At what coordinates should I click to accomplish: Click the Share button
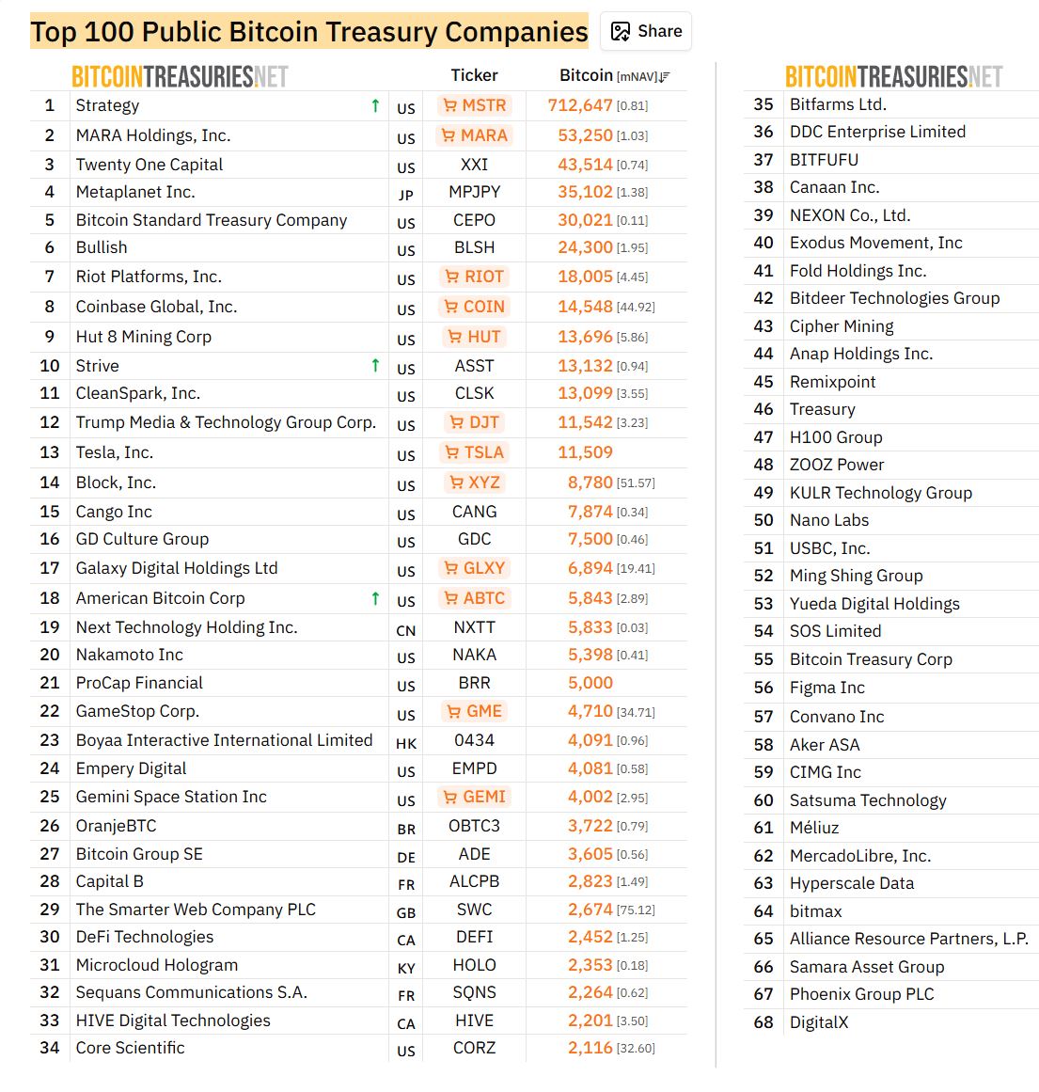[647, 31]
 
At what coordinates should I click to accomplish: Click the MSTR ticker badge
[475, 105]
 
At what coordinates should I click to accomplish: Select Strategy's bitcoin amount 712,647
[580, 105]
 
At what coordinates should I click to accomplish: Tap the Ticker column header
[474, 75]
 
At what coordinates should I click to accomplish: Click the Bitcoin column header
[586, 75]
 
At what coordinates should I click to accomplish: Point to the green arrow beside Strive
[375, 365]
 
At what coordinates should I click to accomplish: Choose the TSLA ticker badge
[475, 452]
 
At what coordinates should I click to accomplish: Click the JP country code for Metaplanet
[405, 195]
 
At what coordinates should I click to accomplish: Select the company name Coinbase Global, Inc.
[156, 307]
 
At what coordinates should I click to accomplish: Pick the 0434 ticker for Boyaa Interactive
[474, 740]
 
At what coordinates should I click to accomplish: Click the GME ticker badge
[475, 711]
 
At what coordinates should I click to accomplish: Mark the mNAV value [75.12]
[636, 910]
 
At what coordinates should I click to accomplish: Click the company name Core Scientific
[130, 1048]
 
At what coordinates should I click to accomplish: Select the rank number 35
[764, 104]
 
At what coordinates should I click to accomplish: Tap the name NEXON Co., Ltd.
[850, 215]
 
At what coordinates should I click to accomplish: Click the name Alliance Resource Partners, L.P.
[908, 939]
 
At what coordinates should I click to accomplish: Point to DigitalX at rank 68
[818, 1022]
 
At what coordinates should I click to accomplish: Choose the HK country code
[405, 743]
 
